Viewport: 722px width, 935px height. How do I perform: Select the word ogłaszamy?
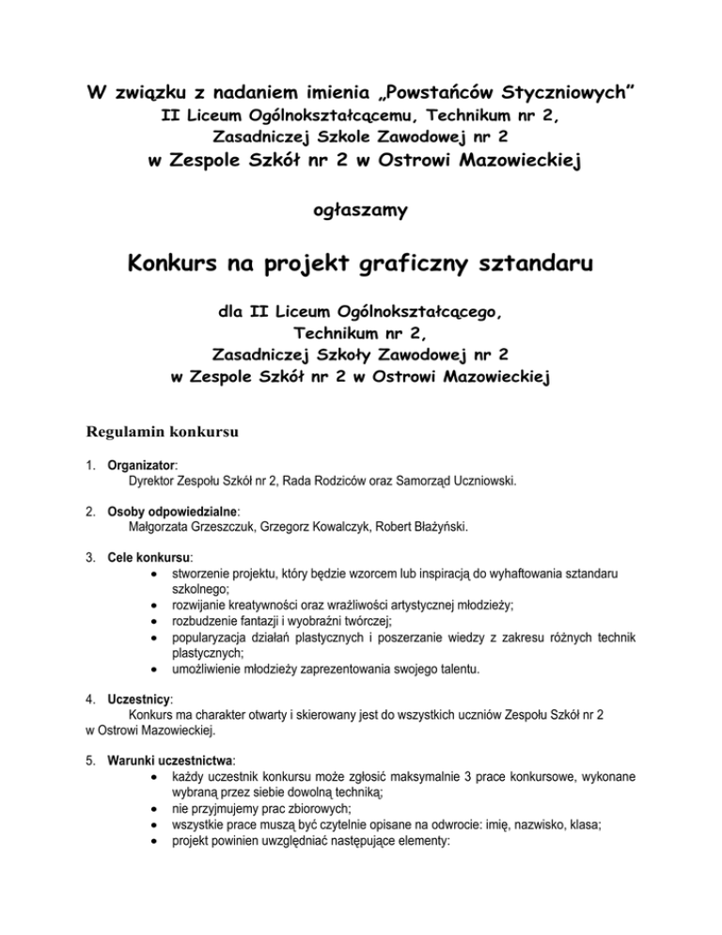tap(360, 212)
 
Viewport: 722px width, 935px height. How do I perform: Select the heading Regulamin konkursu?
tap(164, 435)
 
